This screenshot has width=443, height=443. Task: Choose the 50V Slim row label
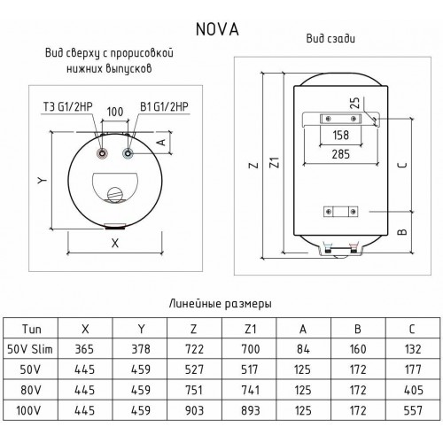[x=31, y=349]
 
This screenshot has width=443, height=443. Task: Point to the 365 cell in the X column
[x=87, y=349]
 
